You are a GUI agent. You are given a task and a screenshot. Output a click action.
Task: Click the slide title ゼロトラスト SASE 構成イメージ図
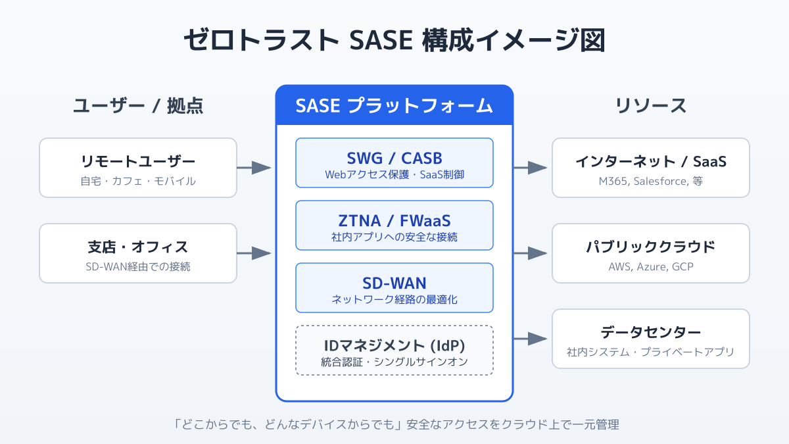click(394, 40)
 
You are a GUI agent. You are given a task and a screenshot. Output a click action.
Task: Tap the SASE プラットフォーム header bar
click(394, 105)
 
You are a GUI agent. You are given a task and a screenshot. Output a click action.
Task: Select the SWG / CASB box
click(394, 163)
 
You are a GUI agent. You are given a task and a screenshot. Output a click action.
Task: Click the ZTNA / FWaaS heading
click(394, 221)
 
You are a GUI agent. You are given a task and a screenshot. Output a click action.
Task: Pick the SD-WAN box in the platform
click(394, 287)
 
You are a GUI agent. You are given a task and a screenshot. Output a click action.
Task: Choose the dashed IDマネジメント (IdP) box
click(394, 350)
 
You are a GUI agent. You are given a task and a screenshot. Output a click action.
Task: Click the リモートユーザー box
click(138, 168)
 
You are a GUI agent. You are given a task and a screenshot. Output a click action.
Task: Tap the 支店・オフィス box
click(138, 253)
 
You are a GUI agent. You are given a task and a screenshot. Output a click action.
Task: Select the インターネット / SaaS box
click(651, 168)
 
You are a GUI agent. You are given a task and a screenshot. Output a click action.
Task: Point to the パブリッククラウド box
click(651, 253)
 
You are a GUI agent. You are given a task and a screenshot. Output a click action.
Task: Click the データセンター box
click(651, 339)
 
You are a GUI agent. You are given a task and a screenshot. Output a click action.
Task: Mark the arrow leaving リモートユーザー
click(254, 168)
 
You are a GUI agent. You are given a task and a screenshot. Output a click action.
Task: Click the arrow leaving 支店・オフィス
click(254, 253)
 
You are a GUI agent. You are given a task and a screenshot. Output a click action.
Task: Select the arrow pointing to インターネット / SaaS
click(530, 168)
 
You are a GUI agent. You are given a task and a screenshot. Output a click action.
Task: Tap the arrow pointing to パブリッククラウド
click(530, 253)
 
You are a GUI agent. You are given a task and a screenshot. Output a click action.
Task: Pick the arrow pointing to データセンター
click(530, 339)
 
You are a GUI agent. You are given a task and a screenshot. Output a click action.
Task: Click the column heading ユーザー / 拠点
click(138, 105)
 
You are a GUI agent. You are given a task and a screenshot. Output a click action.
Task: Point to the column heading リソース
click(651, 105)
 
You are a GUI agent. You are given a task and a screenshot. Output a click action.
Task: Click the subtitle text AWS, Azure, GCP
click(651, 267)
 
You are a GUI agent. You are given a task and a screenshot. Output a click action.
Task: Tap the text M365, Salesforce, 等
click(651, 181)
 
